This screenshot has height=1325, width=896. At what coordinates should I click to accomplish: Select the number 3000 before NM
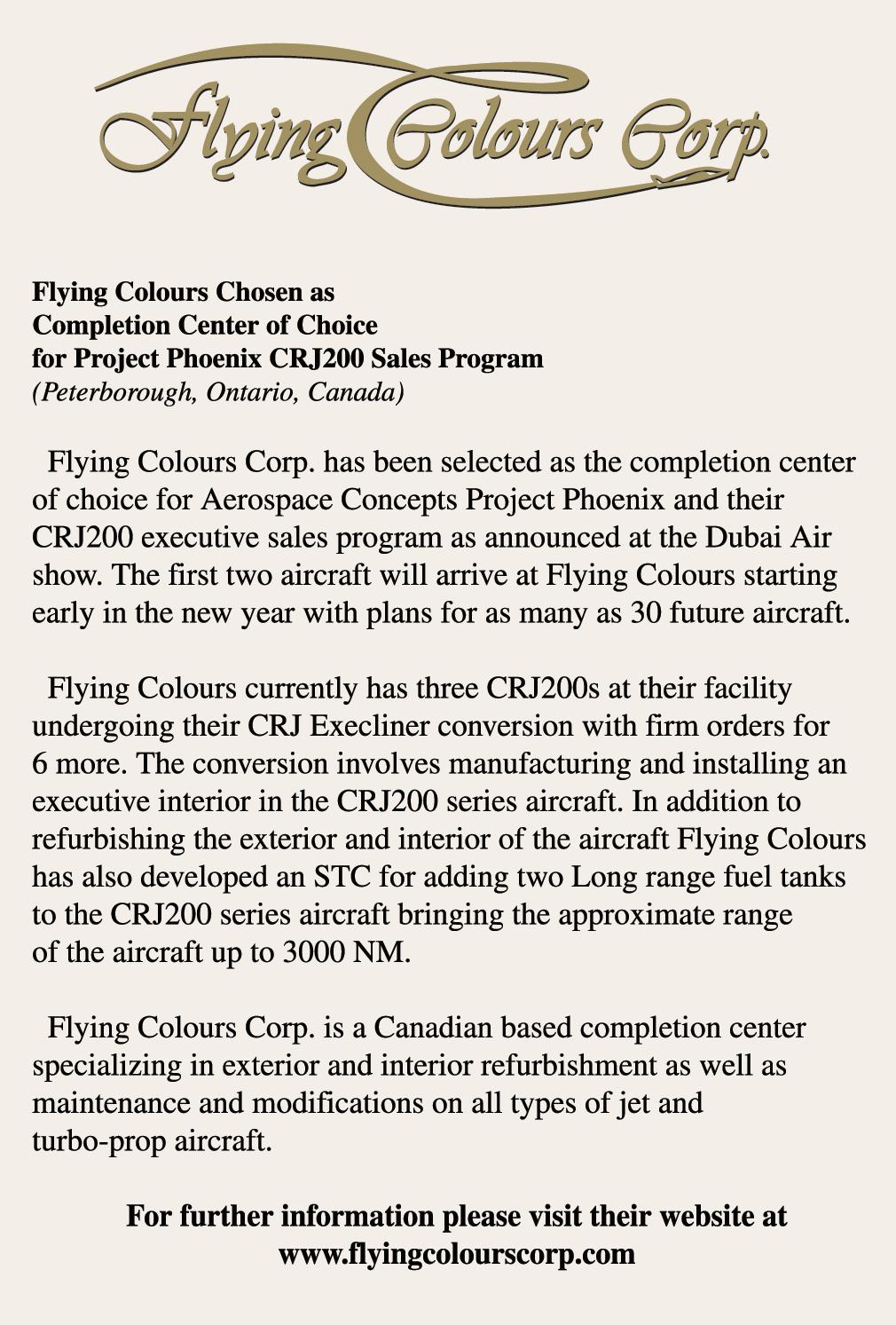[x=312, y=952]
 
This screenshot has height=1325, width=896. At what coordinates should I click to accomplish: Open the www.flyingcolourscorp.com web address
[x=457, y=1254]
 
